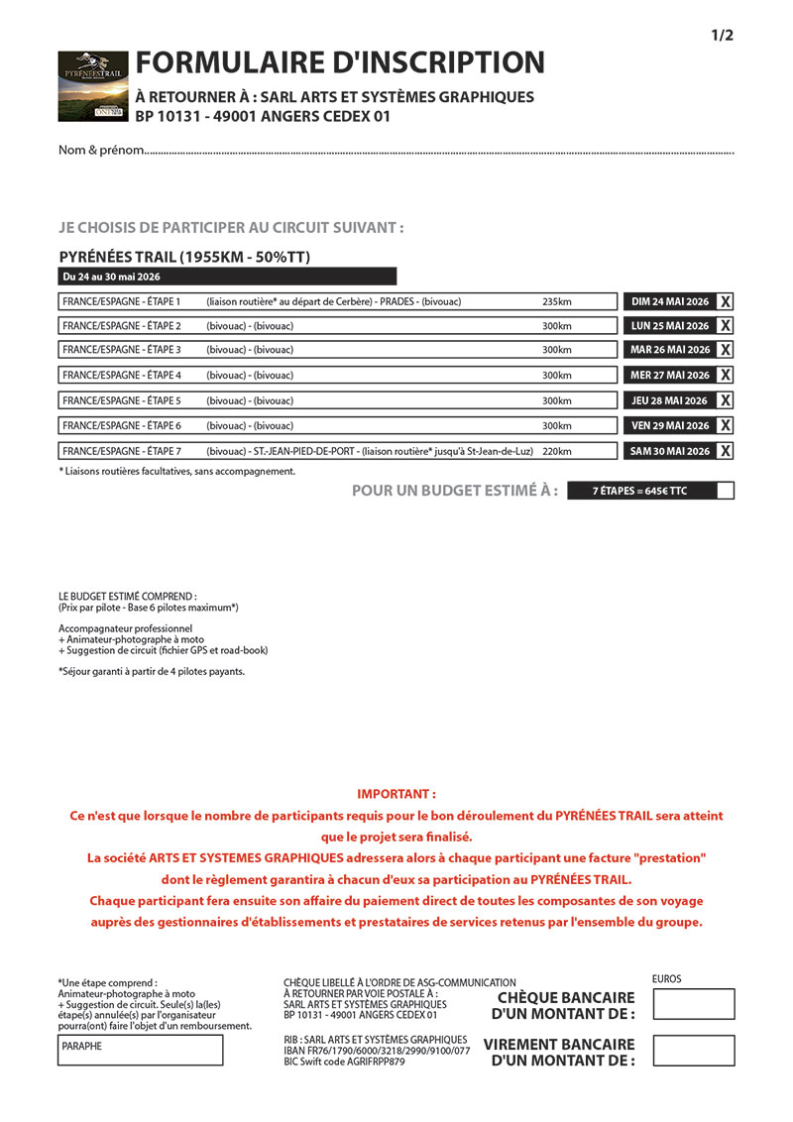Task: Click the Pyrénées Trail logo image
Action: pos(93,86)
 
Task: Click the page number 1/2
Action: pos(722,36)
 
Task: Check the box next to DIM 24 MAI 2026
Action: pos(726,301)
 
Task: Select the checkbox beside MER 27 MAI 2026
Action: pos(726,375)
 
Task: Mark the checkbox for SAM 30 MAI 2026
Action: pos(726,451)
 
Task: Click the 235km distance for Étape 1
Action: pos(557,301)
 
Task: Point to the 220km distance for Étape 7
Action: pos(557,451)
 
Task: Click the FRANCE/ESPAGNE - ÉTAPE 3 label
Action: pos(122,350)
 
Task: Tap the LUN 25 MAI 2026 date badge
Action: pos(670,326)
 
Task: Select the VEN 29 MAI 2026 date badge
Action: pos(670,425)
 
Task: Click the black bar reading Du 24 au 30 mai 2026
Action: pos(227,277)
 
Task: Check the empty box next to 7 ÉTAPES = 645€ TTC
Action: pos(725,491)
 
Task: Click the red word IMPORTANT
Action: pos(396,794)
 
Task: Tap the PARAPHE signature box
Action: pos(140,1050)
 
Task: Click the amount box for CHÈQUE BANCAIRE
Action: pos(694,1004)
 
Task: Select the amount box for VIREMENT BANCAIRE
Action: pos(694,1051)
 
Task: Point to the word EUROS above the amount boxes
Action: pos(667,979)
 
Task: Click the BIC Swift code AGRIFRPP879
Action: pos(344,1062)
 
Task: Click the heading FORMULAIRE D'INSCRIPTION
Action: pos(340,62)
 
